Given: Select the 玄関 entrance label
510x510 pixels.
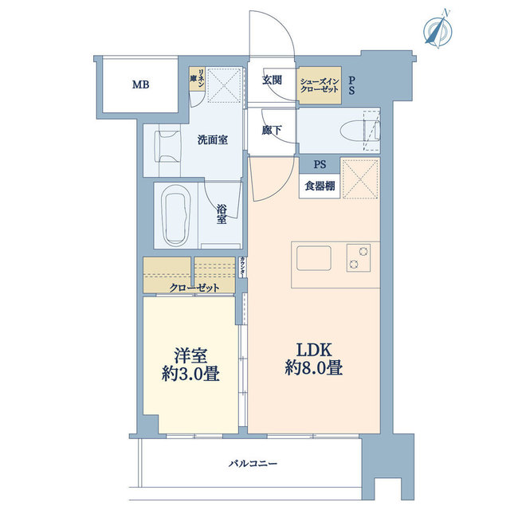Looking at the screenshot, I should click(x=272, y=80).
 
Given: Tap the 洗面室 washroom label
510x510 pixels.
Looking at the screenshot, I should click(x=213, y=140).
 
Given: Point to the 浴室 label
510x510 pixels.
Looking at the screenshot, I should click(x=223, y=216).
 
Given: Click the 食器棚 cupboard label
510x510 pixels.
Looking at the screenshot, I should click(x=320, y=186).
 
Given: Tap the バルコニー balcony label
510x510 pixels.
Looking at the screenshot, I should click(x=253, y=462).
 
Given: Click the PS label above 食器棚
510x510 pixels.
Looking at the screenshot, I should click(x=320, y=165).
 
